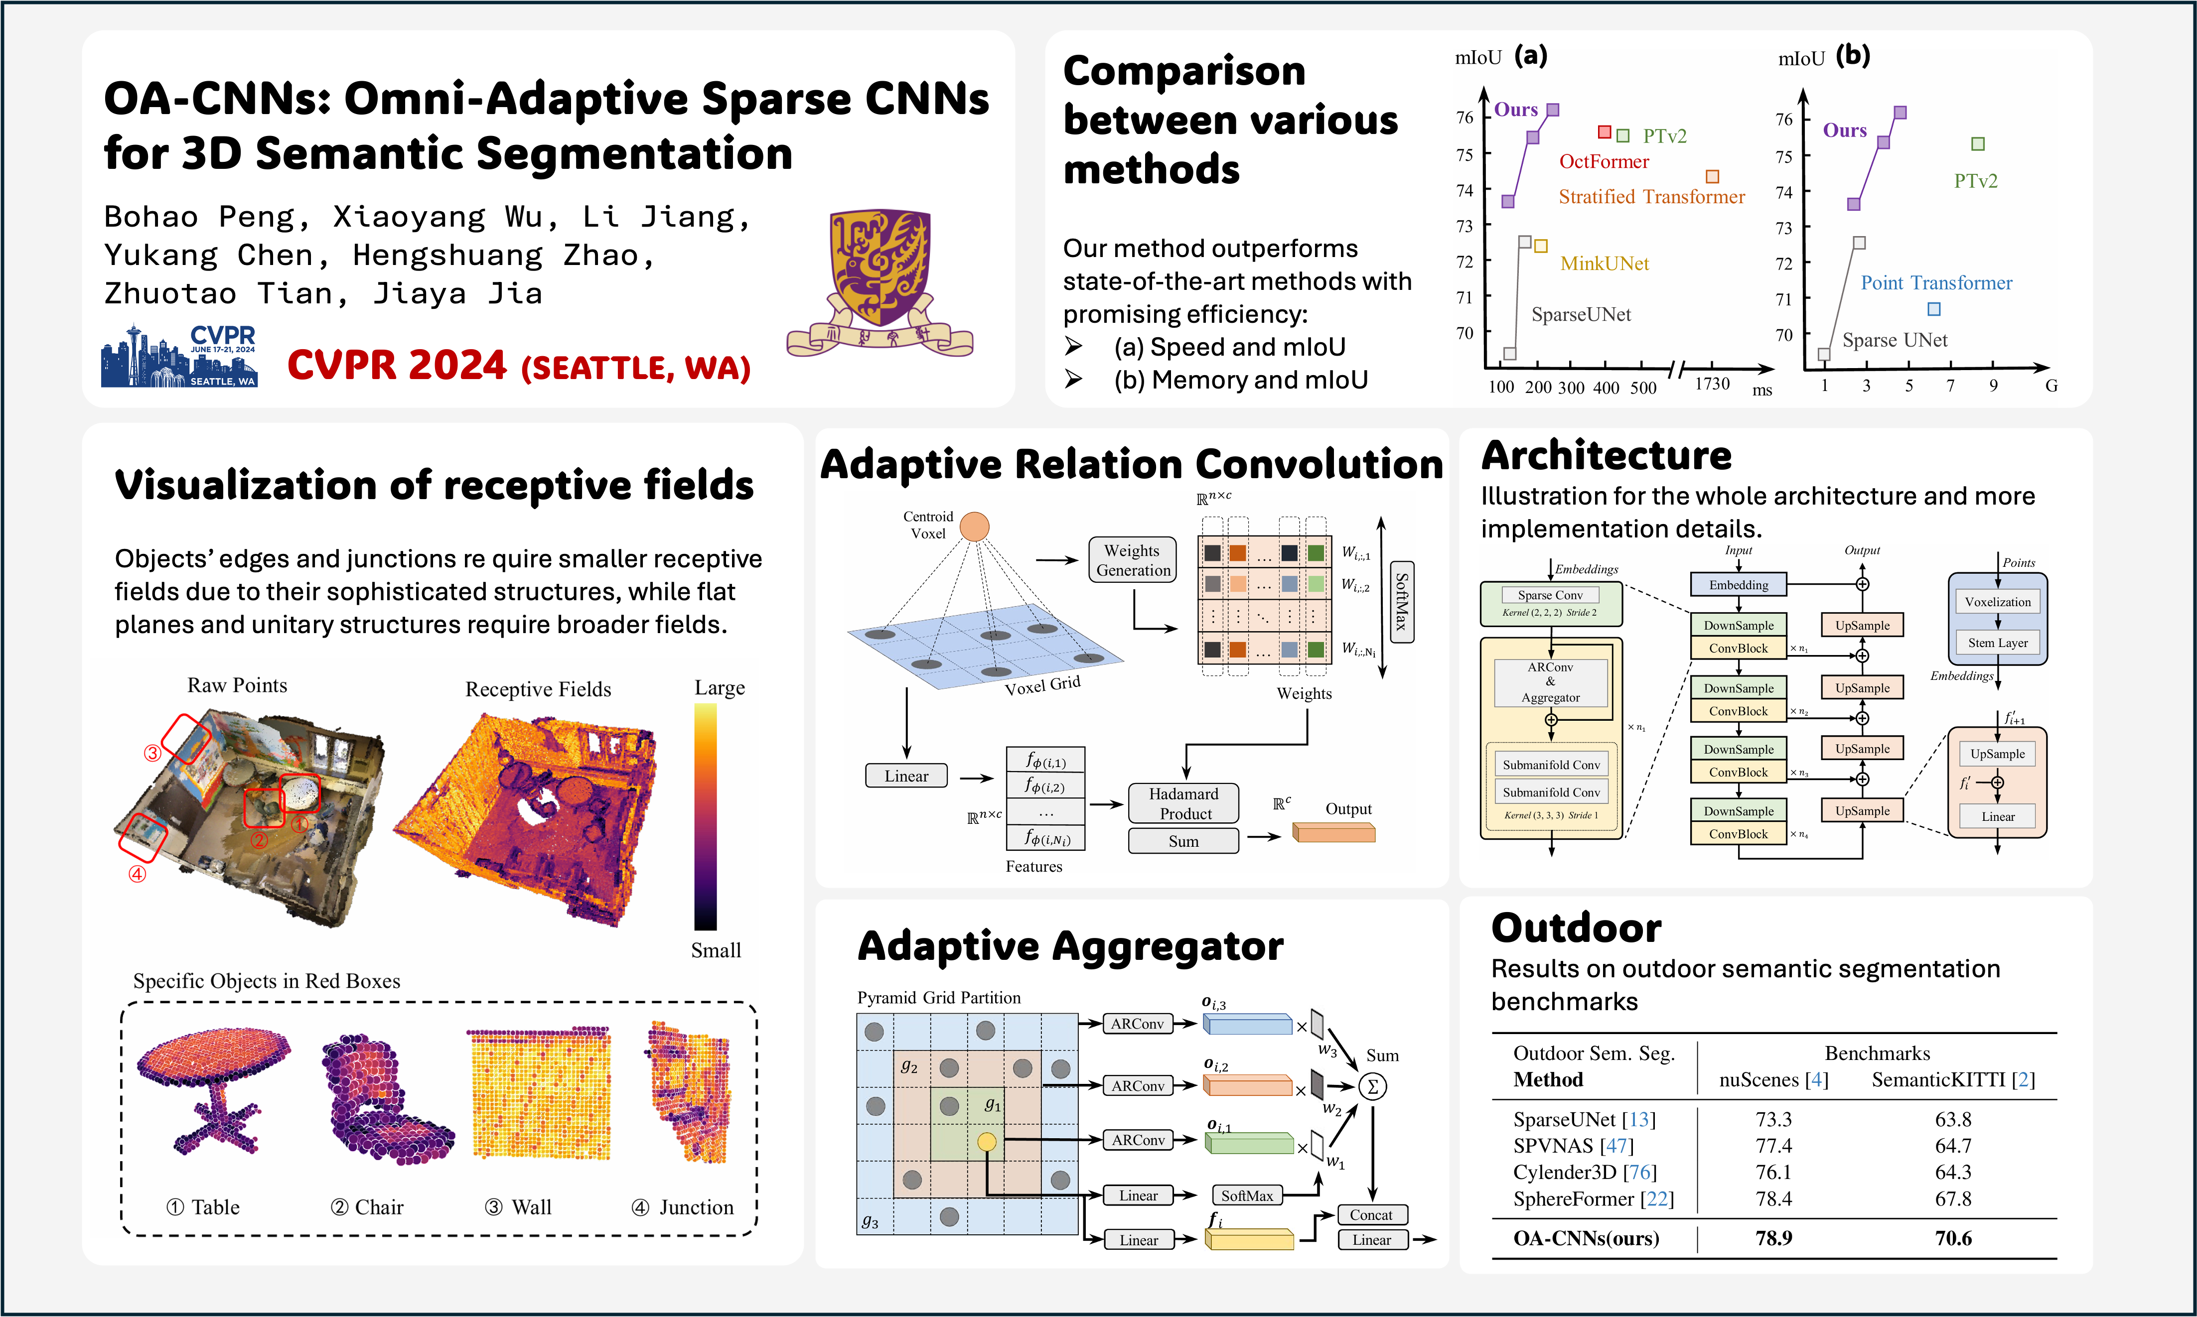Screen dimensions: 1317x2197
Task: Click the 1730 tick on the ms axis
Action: (x=1712, y=384)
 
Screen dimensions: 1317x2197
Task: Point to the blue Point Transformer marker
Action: (x=1933, y=309)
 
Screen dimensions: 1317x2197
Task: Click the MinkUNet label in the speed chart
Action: (x=1604, y=263)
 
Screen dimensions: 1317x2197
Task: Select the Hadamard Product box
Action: (x=1183, y=803)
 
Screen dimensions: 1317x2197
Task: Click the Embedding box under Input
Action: (x=1738, y=585)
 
